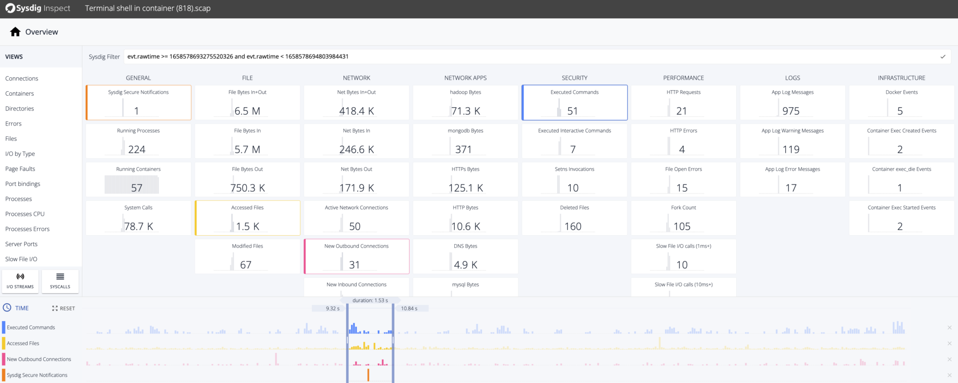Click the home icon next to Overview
(x=15, y=32)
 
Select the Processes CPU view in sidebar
(x=25, y=214)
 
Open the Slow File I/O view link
(x=21, y=259)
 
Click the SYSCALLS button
(x=60, y=281)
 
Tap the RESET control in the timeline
(x=64, y=308)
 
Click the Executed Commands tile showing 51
(x=574, y=103)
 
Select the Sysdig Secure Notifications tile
(x=138, y=103)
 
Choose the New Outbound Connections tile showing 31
(x=356, y=256)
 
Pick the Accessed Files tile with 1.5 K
(x=247, y=218)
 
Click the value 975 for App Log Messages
(x=791, y=111)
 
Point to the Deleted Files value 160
(x=573, y=226)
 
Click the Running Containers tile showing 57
(x=138, y=180)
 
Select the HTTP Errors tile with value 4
(x=683, y=141)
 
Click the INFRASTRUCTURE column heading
(x=901, y=78)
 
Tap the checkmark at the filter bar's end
(x=943, y=57)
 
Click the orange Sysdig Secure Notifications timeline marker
(x=368, y=375)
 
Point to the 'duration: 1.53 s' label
(x=370, y=301)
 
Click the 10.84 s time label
(x=409, y=309)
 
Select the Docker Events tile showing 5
(x=901, y=103)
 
